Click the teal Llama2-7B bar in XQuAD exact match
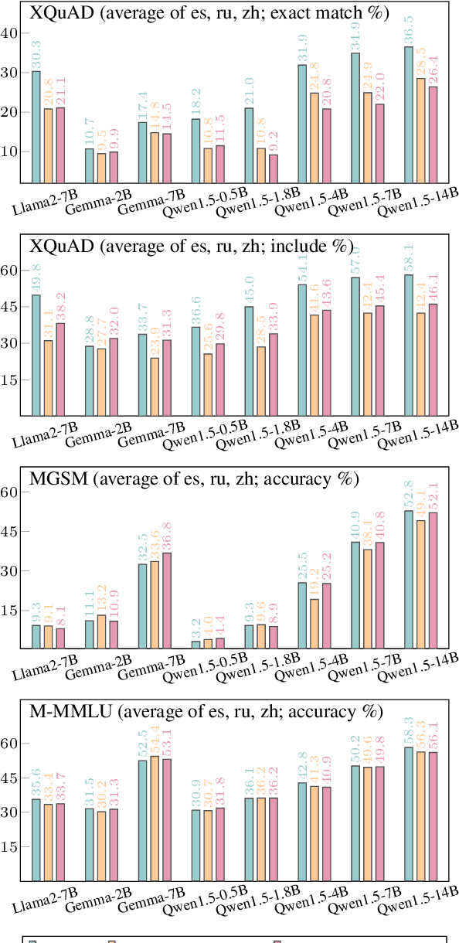[x=36, y=127]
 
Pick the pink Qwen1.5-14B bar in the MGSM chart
[x=433, y=580]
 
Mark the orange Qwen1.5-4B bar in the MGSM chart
[x=314, y=623]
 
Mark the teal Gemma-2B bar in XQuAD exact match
[x=90, y=165]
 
